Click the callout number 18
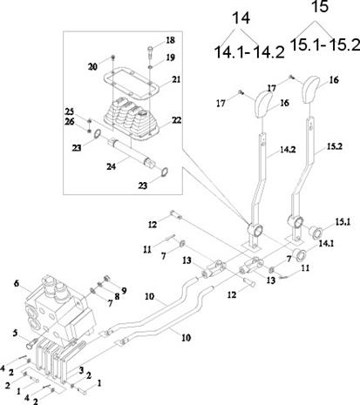(x=170, y=40)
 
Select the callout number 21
(x=176, y=79)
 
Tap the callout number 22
(x=176, y=120)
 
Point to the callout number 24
(x=111, y=166)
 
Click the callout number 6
(x=17, y=283)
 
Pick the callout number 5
(x=15, y=334)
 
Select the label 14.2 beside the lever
(x=288, y=149)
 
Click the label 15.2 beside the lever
(x=335, y=146)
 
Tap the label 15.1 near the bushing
(x=343, y=222)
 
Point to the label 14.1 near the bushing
(x=326, y=243)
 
